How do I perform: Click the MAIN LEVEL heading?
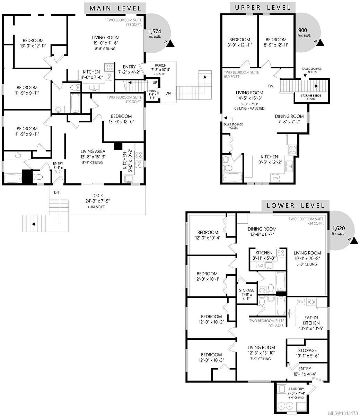[x=115, y=8]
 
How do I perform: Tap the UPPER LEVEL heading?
[x=263, y=8]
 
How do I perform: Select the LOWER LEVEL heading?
[x=296, y=206]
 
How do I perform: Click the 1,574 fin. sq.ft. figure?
[x=155, y=33]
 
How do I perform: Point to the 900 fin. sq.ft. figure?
[x=304, y=32]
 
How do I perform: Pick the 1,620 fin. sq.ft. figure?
[x=339, y=231]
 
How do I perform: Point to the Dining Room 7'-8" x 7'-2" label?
[x=289, y=119]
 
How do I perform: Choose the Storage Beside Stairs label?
[x=311, y=97]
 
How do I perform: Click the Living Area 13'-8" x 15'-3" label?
[x=93, y=154]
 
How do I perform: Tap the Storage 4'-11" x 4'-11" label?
[x=246, y=294]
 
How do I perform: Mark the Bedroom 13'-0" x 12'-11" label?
[x=33, y=43]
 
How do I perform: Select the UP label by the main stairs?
[x=155, y=83]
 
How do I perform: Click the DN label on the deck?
[x=56, y=192]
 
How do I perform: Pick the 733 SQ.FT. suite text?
[x=133, y=25]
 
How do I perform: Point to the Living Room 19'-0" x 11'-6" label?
[x=106, y=40]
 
